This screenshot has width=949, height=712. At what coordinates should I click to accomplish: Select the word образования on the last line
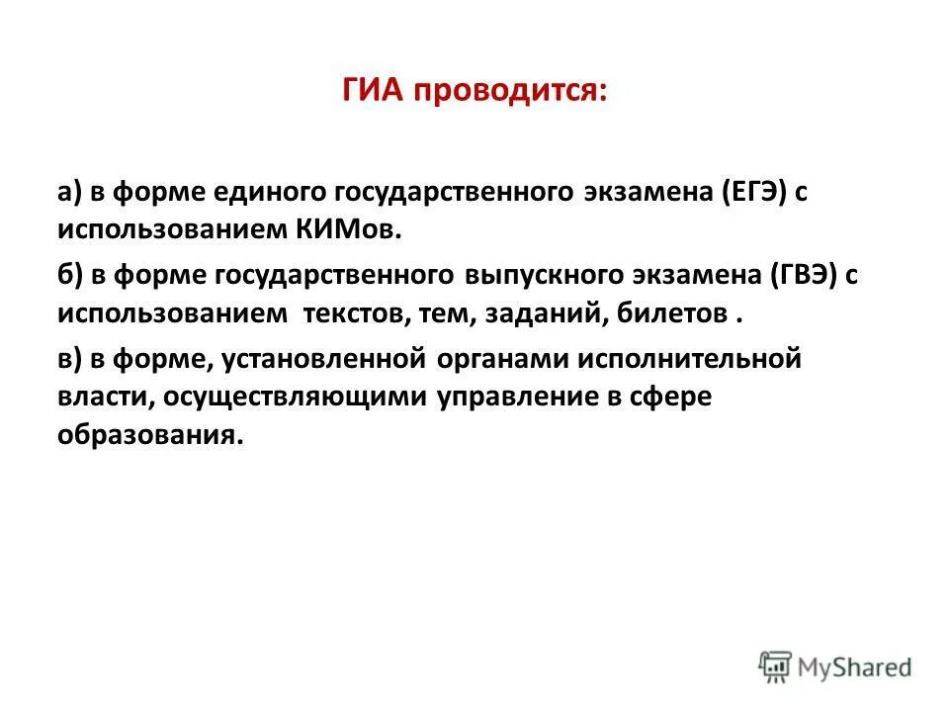pyautogui.click(x=149, y=433)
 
